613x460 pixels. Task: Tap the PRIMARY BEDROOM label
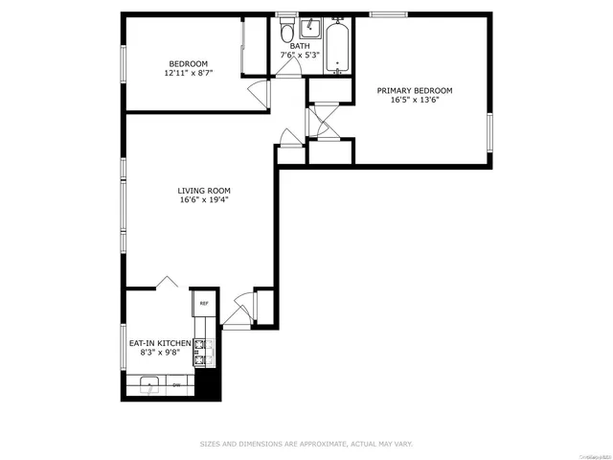click(x=414, y=90)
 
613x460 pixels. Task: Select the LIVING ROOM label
click(x=203, y=190)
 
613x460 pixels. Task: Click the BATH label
click(x=301, y=45)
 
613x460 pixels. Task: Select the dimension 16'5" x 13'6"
click(x=414, y=101)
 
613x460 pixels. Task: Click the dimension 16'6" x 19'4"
click(x=203, y=200)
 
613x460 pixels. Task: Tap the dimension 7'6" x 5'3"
click(x=301, y=56)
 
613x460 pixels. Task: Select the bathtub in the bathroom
click(x=337, y=45)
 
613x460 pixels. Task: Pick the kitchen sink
click(x=149, y=385)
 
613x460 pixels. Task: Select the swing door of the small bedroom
click(x=256, y=94)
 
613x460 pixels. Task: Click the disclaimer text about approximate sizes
click(x=306, y=443)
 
